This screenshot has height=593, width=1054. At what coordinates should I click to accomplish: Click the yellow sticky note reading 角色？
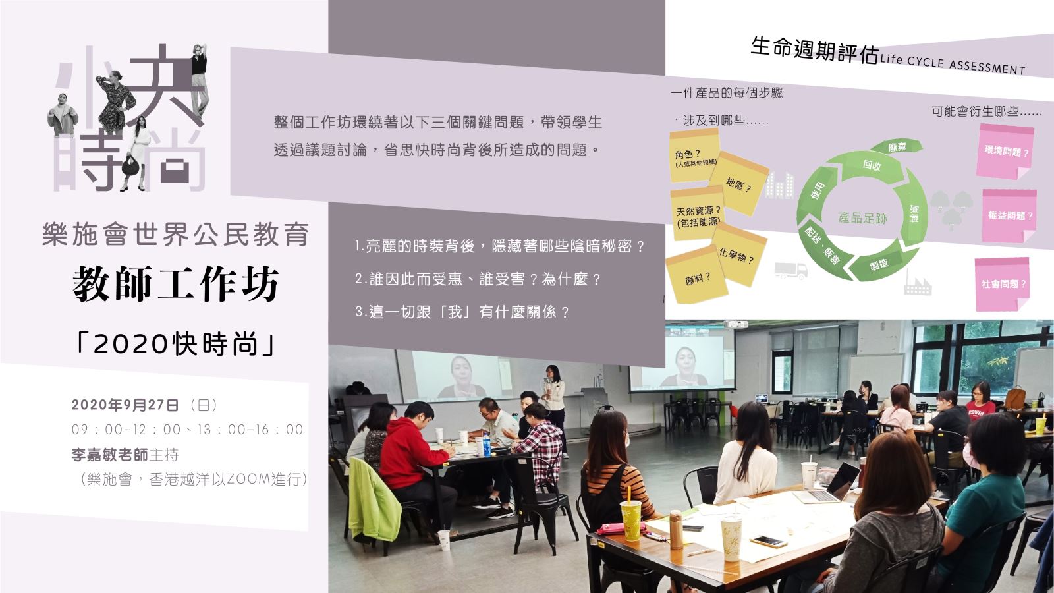pos(694,155)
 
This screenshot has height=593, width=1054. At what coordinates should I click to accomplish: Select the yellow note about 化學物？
pos(738,254)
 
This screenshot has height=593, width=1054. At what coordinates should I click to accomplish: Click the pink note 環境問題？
pos(1006,152)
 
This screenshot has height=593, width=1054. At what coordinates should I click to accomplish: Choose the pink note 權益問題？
pos(1010,216)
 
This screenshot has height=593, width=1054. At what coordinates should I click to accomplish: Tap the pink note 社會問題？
pos(1003,284)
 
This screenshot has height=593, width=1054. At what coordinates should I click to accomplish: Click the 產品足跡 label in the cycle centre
pos(862,218)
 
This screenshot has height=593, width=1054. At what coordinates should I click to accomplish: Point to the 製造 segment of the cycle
pos(881,264)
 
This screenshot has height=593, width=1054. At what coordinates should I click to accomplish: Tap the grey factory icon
pos(918,285)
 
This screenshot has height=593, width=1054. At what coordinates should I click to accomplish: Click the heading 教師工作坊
pos(176,284)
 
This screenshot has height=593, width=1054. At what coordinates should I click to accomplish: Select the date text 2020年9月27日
pos(125,405)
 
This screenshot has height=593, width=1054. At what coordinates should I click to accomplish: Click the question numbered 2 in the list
pos(478,279)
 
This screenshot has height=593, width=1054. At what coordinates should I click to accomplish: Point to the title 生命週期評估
pos(814,51)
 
